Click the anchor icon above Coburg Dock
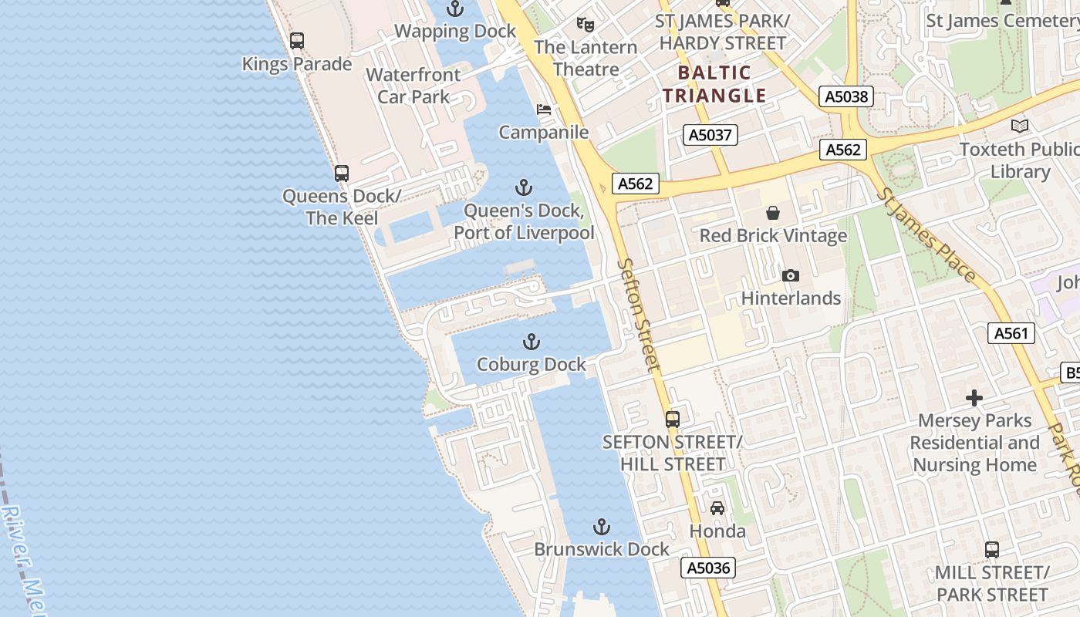pyautogui.click(x=531, y=342)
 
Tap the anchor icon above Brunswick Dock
pyautogui.click(x=601, y=527)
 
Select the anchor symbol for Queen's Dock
pyautogui.click(x=524, y=187)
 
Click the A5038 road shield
pyautogui.click(x=846, y=96)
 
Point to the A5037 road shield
pyautogui.click(x=710, y=135)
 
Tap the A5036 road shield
pyautogui.click(x=708, y=568)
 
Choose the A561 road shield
pyautogui.click(x=1011, y=333)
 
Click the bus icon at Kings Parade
pyautogui.click(x=297, y=41)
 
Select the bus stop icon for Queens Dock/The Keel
pyautogui.click(x=342, y=174)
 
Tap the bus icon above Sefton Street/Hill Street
pyautogui.click(x=673, y=419)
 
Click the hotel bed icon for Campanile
pyautogui.click(x=544, y=110)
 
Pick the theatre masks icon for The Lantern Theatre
pyautogui.click(x=586, y=25)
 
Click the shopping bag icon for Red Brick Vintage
pyautogui.click(x=773, y=213)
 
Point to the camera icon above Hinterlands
pyautogui.click(x=790, y=275)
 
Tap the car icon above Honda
pyautogui.click(x=717, y=507)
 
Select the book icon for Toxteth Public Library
pyautogui.click(x=1020, y=126)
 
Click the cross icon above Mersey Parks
pyautogui.click(x=974, y=398)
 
